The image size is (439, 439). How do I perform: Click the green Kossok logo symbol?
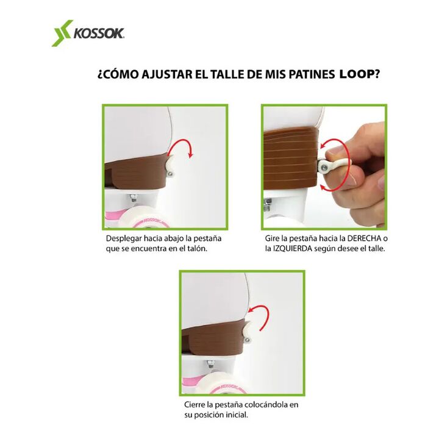tap(62, 33)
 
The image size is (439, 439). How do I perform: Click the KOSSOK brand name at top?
tap(99, 34)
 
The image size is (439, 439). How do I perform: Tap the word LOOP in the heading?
tap(357, 74)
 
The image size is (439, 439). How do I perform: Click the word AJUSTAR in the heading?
tap(167, 74)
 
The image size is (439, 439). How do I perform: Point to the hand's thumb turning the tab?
tap(338, 152)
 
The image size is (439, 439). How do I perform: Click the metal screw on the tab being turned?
tap(324, 168)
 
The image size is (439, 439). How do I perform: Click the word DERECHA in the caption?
tap(364, 238)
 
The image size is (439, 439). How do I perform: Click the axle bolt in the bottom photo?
tap(209, 365)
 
